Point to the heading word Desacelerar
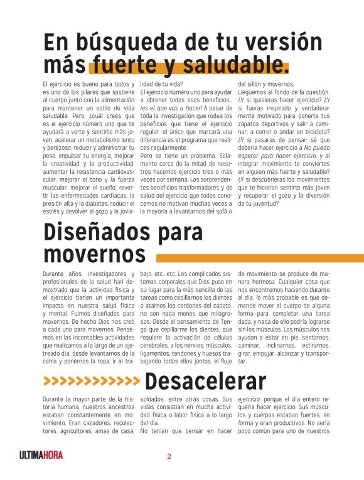click(x=205, y=381)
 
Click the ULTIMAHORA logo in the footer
click(x=41, y=456)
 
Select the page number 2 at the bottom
click(x=169, y=456)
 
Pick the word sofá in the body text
click(x=213, y=212)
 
